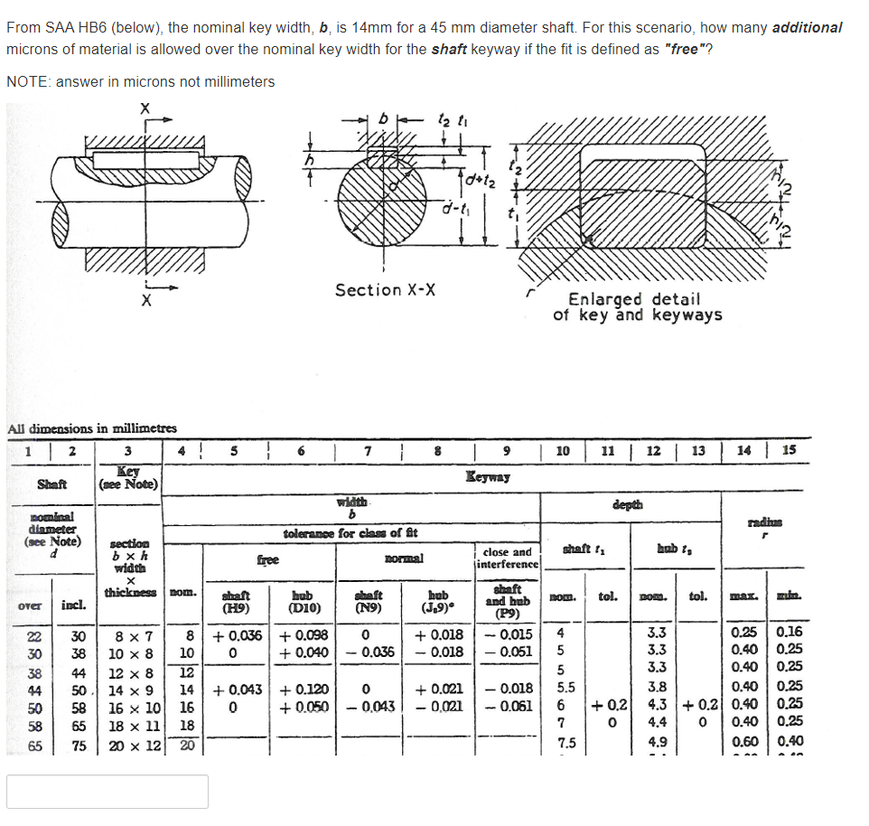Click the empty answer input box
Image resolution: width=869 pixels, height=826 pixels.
click(107, 791)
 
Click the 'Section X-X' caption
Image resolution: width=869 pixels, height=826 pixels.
click(386, 290)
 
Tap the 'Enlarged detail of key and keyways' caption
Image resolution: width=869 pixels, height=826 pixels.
click(637, 306)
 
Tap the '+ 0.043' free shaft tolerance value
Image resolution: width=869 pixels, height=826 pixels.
click(237, 690)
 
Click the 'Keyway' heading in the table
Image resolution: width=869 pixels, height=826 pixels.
click(489, 476)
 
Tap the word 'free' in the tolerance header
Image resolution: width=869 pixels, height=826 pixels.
click(268, 559)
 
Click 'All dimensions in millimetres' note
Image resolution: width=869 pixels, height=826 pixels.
click(91, 428)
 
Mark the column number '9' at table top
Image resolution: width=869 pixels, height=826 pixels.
click(507, 450)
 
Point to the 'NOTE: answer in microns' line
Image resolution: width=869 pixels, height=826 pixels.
click(140, 81)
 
